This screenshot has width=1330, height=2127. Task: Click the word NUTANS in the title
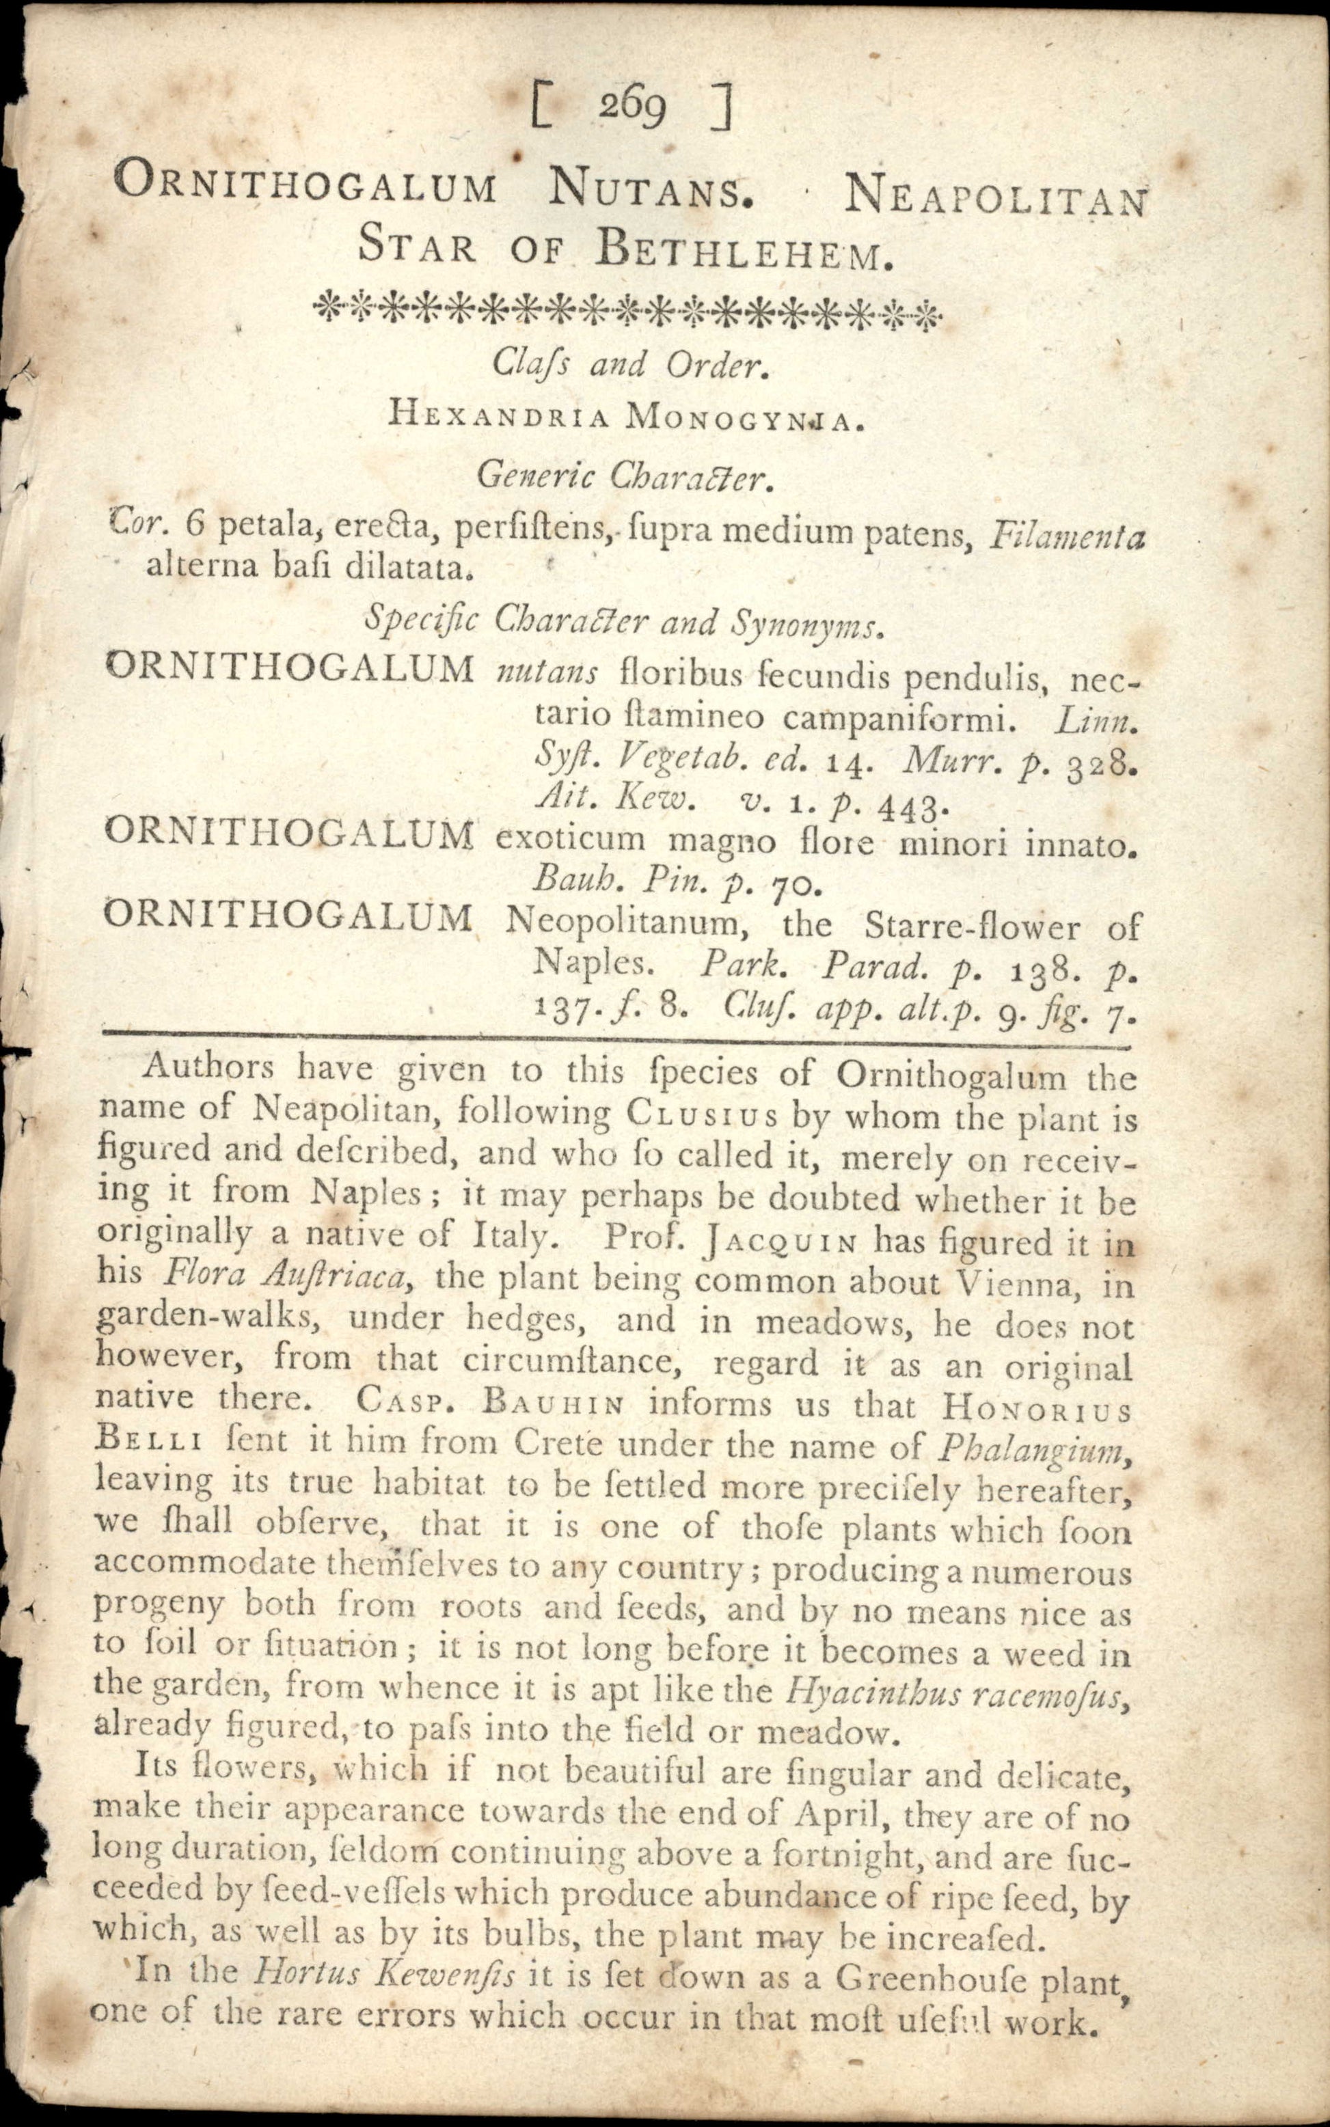click(x=651, y=187)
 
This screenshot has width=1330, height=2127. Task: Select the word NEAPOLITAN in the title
click(x=996, y=200)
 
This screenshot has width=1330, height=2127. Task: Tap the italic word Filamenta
click(x=1066, y=534)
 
